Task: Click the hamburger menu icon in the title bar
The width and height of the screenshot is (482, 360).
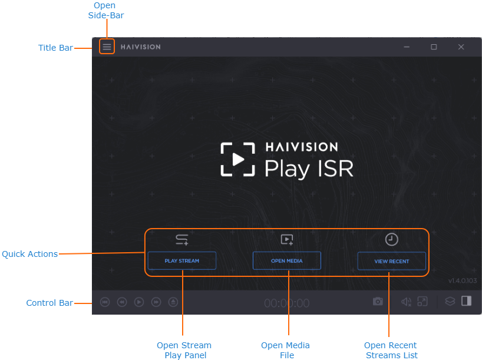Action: click(107, 47)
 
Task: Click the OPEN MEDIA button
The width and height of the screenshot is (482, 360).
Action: click(286, 260)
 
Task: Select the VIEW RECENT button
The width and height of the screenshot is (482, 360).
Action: click(391, 261)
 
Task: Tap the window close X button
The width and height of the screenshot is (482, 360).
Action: click(461, 47)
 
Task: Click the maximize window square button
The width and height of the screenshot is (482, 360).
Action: click(434, 47)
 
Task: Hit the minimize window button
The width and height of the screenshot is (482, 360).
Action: click(407, 47)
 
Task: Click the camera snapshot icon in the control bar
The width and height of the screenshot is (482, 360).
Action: click(378, 302)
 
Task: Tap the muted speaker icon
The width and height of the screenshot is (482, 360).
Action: click(406, 302)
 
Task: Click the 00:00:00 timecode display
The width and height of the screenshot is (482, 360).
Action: click(286, 303)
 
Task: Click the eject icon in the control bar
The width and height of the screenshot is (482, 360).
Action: click(173, 302)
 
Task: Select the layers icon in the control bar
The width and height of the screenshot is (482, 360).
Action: click(450, 302)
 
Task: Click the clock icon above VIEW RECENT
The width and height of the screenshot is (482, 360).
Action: click(392, 239)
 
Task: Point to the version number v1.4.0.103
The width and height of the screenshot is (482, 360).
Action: click(462, 280)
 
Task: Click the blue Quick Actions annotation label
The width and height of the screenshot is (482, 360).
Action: click(29, 254)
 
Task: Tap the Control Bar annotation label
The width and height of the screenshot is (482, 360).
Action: click(49, 303)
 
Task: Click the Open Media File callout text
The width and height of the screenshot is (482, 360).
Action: click(285, 350)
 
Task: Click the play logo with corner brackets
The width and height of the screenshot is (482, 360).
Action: click(238, 159)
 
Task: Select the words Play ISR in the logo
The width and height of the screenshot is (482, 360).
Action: click(309, 169)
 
